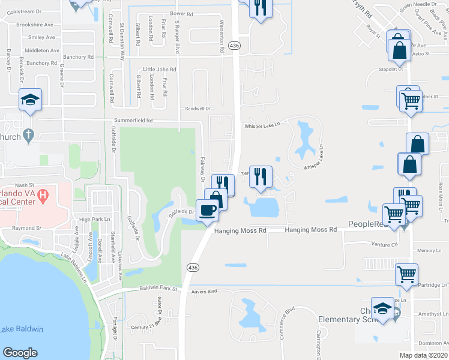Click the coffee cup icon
coord(208,210)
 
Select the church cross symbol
coord(28,137)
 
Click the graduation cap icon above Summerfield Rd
coord(29,100)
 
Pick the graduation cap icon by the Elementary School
coord(382,309)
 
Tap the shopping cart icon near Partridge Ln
coord(406,274)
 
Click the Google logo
coord(20,353)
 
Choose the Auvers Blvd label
coord(203,293)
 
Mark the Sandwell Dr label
coord(197,109)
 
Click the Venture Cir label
coord(385,245)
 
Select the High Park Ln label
coord(95,220)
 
